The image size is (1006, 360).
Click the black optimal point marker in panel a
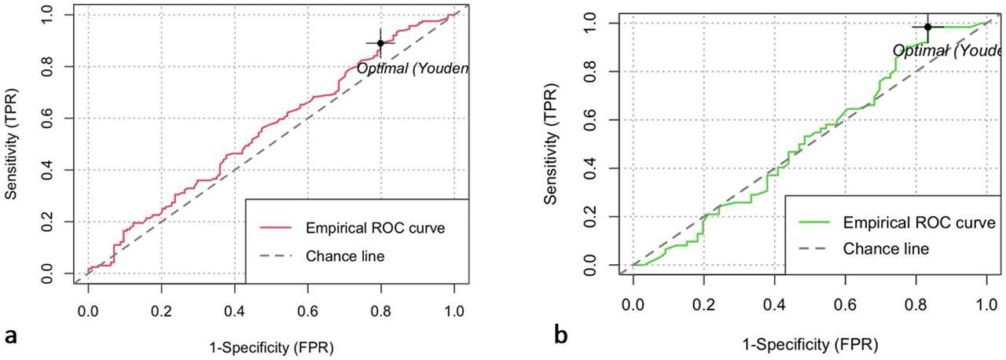point(380,43)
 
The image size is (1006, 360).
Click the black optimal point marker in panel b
point(927,27)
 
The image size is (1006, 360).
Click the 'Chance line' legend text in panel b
point(886,248)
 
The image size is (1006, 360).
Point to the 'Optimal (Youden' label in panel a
point(413,68)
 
